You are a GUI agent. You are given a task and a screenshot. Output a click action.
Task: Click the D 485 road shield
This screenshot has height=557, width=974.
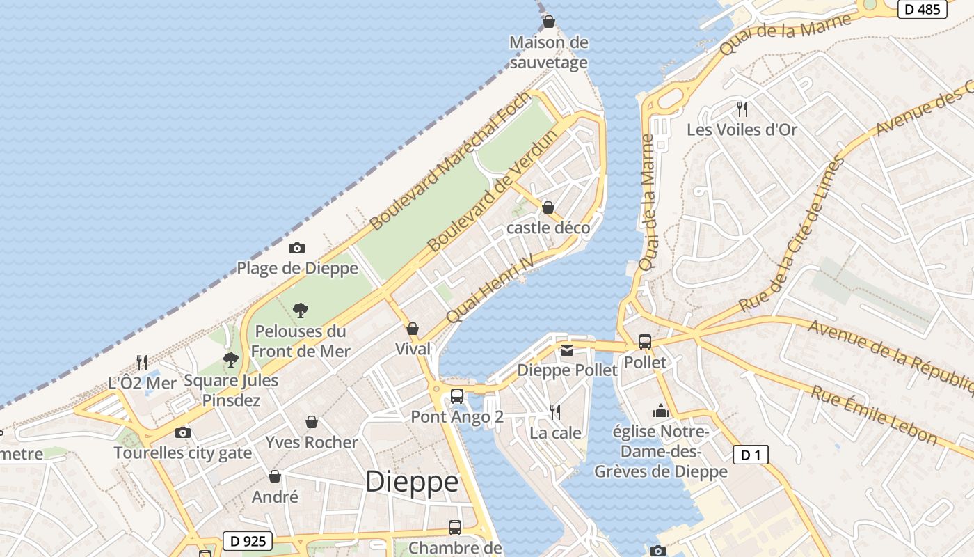point(923,9)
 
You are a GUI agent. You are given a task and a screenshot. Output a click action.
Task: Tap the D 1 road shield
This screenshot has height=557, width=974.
point(751,455)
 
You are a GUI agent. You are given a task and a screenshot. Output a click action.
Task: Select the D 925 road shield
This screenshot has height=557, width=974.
point(248,541)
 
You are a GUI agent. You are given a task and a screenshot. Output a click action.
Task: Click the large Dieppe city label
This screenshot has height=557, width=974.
point(412,482)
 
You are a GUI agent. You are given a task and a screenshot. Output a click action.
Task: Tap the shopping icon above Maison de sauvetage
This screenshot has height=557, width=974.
point(549,22)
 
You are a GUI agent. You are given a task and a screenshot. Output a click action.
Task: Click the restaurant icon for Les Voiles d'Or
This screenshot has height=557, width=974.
point(742,109)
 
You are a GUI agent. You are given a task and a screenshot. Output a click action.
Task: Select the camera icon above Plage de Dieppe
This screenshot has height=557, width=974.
point(297,248)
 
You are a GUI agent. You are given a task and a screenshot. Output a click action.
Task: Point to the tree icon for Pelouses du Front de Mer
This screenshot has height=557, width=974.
point(301,310)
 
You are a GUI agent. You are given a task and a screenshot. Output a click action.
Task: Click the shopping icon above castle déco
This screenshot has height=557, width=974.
point(548,207)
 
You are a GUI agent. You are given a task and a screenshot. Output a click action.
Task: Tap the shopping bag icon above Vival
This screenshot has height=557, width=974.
point(413,329)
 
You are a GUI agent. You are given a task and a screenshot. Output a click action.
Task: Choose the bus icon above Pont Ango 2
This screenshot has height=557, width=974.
point(457,395)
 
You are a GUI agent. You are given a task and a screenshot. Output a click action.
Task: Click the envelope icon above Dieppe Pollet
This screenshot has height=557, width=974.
point(567,350)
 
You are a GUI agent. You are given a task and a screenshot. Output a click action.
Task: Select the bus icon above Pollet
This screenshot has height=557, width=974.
point(645,342)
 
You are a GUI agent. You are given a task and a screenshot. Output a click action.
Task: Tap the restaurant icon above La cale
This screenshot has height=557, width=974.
point(555,412)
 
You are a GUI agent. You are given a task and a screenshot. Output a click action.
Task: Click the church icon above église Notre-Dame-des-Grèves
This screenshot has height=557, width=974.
point(661,411)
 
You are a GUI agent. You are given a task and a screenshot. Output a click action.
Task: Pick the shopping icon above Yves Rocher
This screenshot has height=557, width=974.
point(312,422)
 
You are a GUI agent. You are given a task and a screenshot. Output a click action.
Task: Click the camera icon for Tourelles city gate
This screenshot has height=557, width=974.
point(183,432)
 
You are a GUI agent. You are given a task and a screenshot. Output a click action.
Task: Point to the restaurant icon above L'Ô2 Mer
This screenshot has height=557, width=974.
point(142,362)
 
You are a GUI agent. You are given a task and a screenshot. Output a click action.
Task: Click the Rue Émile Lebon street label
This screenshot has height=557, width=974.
point(874,415)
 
